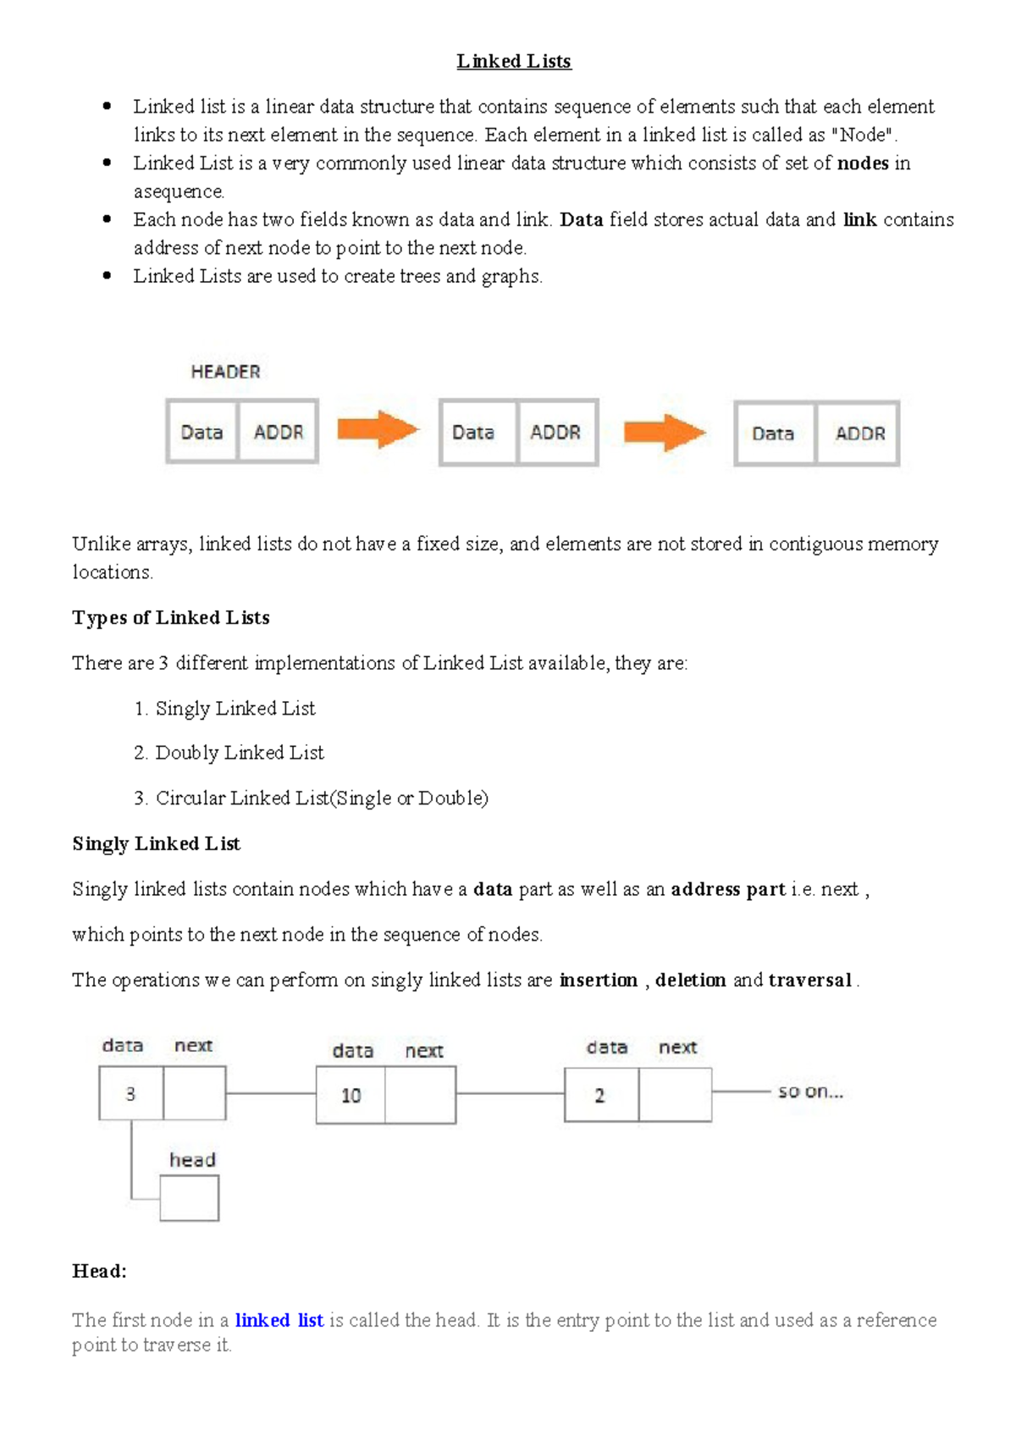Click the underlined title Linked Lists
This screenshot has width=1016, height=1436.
(513, 61)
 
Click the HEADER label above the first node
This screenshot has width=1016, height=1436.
(225, 372)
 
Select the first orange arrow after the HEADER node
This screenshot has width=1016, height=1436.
(377, 430)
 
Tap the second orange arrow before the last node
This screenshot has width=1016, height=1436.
(664, 433)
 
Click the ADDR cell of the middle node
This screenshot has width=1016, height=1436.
(555, 433)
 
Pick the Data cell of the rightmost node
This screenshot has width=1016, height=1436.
(773, 434)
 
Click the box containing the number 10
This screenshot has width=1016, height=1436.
(351, 1096)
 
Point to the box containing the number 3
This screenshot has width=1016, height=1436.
(130, 1094)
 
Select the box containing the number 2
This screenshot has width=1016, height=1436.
(600, 1096)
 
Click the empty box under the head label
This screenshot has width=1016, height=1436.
(189, 1198)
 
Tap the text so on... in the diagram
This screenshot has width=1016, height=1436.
(810, 1092)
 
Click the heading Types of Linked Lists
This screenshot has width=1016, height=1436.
(171, 617)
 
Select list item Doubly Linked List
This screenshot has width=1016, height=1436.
(239, 753)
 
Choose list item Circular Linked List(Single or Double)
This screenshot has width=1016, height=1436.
(321, 798)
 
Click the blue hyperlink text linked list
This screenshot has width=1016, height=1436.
(279, 1320)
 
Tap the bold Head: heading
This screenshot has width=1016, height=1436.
(99, 1271)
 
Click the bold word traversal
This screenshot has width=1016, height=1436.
(809, 980)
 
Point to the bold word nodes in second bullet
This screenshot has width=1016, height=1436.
(863, 163)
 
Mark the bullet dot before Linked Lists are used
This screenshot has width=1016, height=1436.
(107, 275)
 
